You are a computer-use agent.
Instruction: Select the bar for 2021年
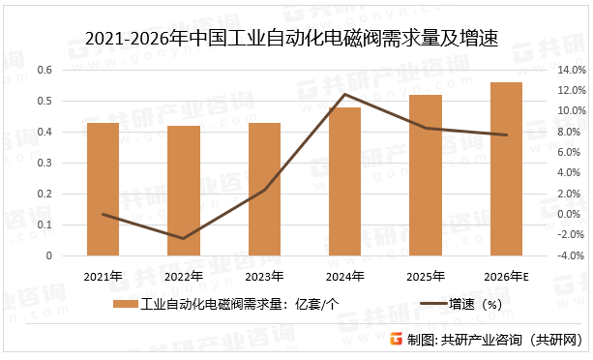tap(103, 190)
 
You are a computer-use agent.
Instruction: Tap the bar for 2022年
tap(183, 192)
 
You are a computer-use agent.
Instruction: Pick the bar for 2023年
tap(264, 190)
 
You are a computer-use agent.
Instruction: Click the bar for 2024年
tap(344, 182)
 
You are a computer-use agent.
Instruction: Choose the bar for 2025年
tap(426, 175)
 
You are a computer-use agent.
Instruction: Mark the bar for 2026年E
tap(506, 169)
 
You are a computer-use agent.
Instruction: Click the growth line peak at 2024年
tap(344, 95)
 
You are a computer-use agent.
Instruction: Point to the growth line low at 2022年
tap(183, 238)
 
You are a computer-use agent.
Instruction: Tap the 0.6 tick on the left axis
tap(44, 70)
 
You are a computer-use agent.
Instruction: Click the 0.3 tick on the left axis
tap(44, 163)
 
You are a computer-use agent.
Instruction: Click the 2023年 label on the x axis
tap(264, 277)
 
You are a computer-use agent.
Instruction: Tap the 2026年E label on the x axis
tap(508, 277)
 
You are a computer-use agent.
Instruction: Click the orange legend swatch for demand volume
tap(125, 305)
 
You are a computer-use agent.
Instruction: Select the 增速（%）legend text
tap(473, 305)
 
